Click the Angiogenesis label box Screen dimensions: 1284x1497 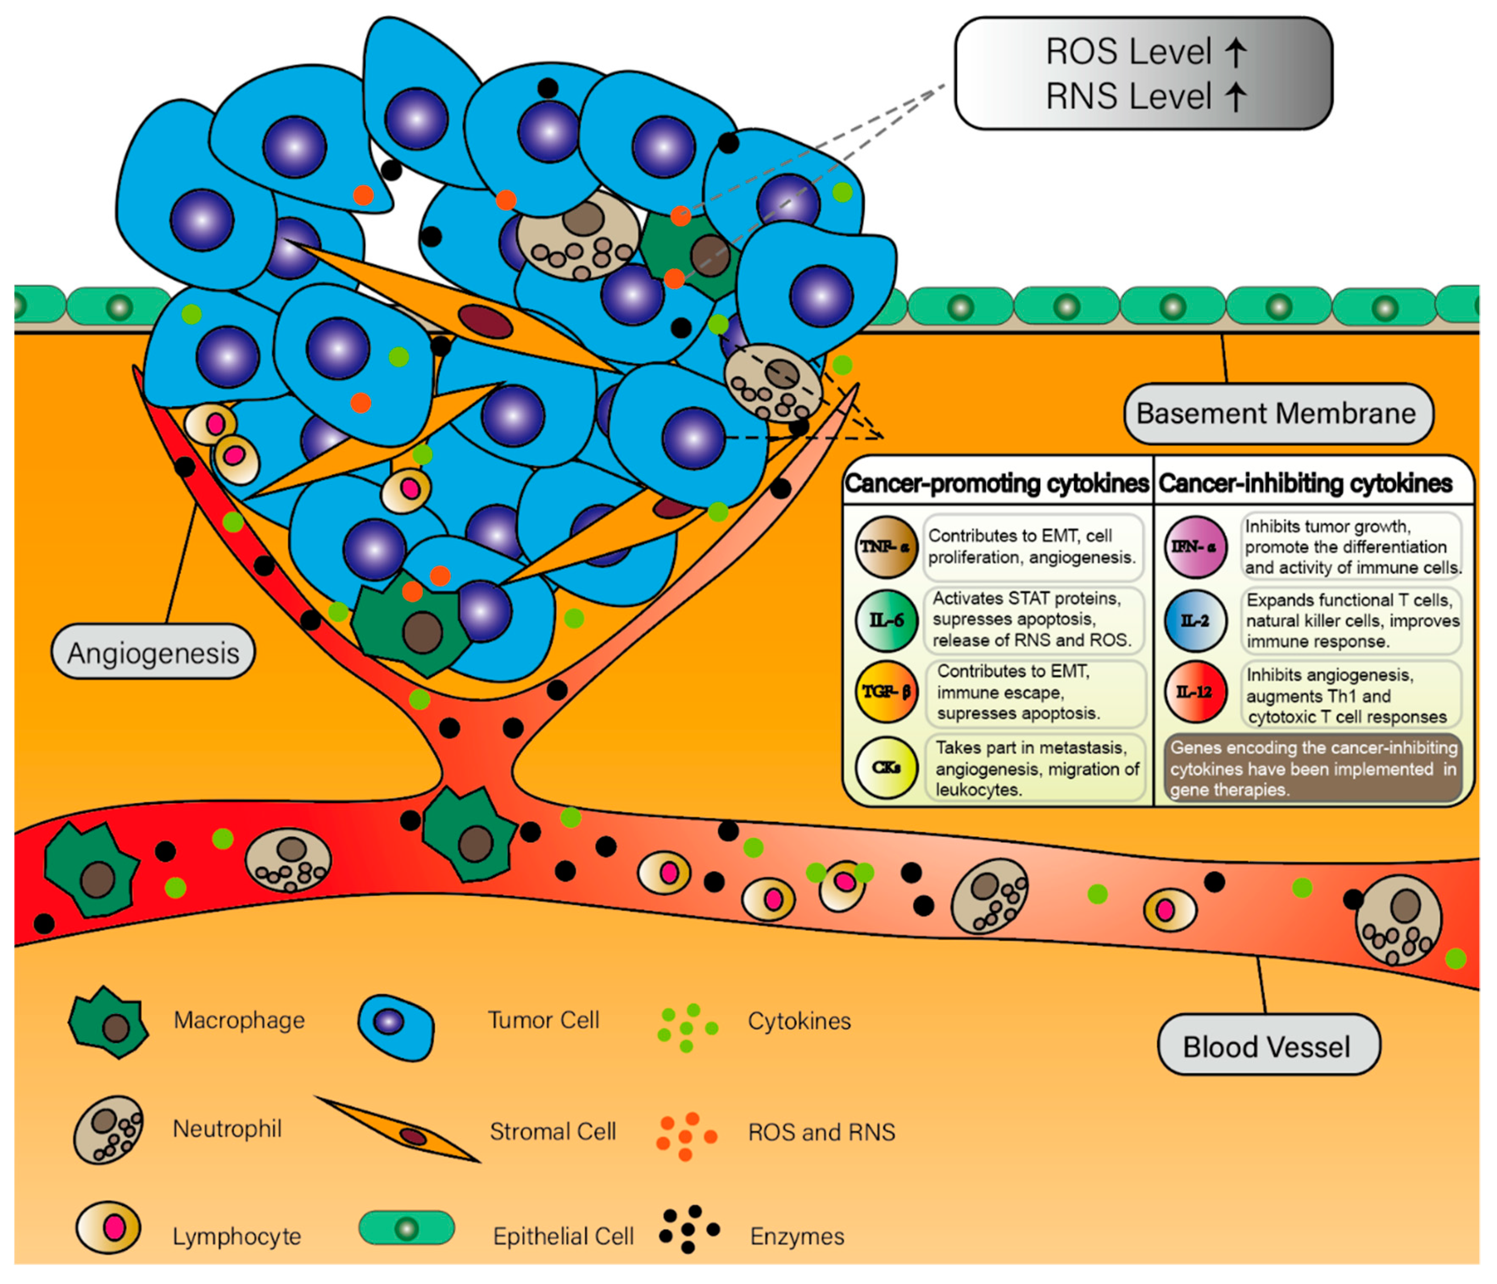pos(153,652)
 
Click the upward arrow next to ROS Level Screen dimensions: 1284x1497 pos(1236,52)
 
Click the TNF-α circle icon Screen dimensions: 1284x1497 pos(886,547)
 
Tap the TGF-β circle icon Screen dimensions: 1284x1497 pos(886,692)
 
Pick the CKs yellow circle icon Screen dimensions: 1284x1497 pos(886,768)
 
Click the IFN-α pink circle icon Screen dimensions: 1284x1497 pos(1194,547)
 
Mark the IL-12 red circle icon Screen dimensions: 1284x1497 pos(1194,692)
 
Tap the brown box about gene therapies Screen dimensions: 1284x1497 pos(1313,768)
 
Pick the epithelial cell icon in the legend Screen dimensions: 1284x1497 pos(407,1228)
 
